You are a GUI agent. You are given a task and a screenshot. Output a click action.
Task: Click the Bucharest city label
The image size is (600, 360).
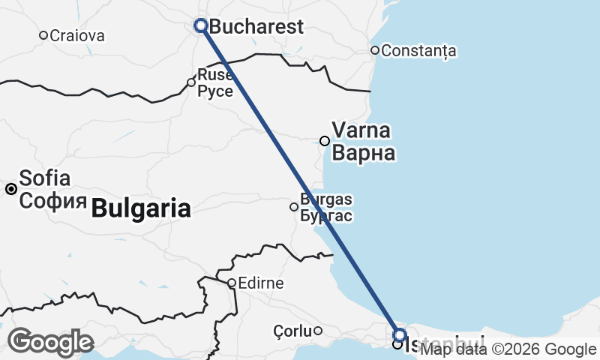pyautogui.click(x=256, y=27)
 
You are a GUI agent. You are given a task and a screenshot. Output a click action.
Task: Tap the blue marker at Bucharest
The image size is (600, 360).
pyautogui.click(x=201, y=25)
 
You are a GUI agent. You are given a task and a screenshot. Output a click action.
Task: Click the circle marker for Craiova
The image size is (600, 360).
pyautogui.click(x=43, y=35)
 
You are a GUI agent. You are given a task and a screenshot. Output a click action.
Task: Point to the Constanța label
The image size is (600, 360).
pyautogui.click(x=418, y=51)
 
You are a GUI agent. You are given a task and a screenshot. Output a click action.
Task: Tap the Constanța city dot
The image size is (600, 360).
pyautogui.click(x=375, y=50)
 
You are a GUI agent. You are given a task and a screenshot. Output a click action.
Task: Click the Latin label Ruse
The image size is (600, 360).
pyautogui.click(x=214, y=75)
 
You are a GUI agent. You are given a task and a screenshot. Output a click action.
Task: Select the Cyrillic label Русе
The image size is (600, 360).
pyautogui.click(x=215, y=91)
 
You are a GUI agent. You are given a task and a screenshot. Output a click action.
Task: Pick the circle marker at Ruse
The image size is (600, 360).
pyautogui.click(x=191, y=82)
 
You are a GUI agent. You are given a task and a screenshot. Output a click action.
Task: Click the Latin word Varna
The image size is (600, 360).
pyautogui.click(x=361, y=130)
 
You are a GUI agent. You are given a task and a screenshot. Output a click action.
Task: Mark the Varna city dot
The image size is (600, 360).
pyautogui.click(x=325, y=140)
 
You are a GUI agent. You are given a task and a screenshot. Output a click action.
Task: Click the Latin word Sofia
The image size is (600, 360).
pyautogui.click(x=45, y=178)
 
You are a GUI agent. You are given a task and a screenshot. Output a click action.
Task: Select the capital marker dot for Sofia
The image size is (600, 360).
pyautogui.click(x=11, y=189)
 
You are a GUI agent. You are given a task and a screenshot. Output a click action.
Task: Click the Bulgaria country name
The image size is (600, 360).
pyautogui.click(x=141, y=208)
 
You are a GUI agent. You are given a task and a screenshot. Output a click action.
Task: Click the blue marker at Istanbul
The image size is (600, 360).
pyautogui.click(x=400, y=334)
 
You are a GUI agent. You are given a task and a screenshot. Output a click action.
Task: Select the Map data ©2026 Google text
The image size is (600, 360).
pyautogui.click(x=508, y=349)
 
